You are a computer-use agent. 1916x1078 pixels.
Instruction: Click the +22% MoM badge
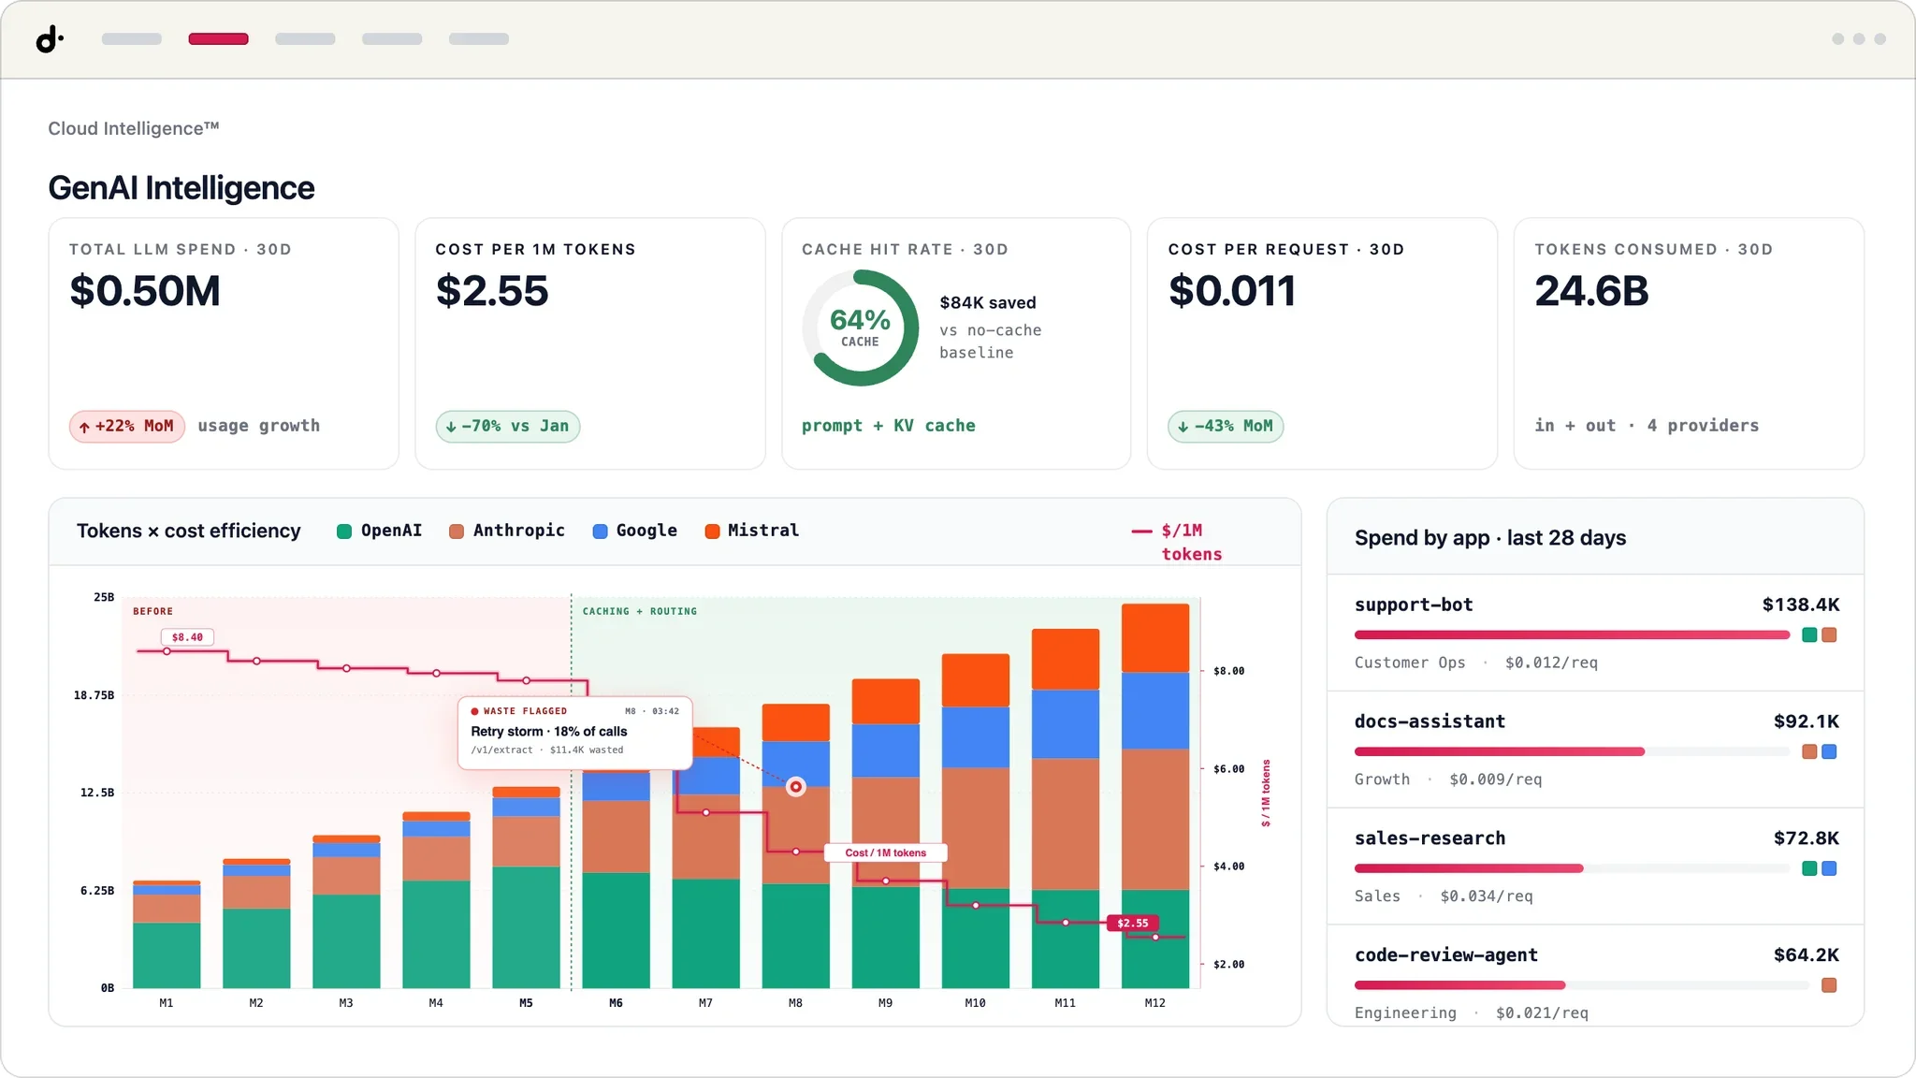(126, 427)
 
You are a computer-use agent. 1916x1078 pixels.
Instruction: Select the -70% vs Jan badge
(508, 427)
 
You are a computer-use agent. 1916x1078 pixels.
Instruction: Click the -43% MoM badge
(1226, 427)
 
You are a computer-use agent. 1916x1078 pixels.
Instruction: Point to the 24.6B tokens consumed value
(1591, 291)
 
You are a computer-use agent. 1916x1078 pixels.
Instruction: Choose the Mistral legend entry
(752, 531)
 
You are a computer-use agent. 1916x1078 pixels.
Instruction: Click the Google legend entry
(635, 531)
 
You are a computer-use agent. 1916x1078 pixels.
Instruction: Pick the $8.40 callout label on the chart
(187, 637)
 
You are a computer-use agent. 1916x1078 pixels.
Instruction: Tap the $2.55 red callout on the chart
(1132, 923)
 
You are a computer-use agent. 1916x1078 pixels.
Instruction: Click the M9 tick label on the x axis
(885, 1003)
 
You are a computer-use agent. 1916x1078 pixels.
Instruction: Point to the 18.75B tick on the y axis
(94, 695)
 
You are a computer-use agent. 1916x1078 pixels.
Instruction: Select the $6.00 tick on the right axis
(1228, 769)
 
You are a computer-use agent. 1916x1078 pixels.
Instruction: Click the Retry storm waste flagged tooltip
(574, 733)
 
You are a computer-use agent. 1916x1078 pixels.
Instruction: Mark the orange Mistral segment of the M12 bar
(1155, 638)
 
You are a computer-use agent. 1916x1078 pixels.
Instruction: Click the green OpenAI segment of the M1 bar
(167, 955)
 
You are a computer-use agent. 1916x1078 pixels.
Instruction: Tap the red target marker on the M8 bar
(796, 787)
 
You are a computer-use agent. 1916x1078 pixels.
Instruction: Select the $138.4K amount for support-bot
(1801, 605)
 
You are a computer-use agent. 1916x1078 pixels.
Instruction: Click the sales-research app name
(1430, 838)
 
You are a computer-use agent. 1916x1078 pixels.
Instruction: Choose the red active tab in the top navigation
(218, 39)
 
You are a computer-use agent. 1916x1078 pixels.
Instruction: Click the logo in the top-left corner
(50, 39)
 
